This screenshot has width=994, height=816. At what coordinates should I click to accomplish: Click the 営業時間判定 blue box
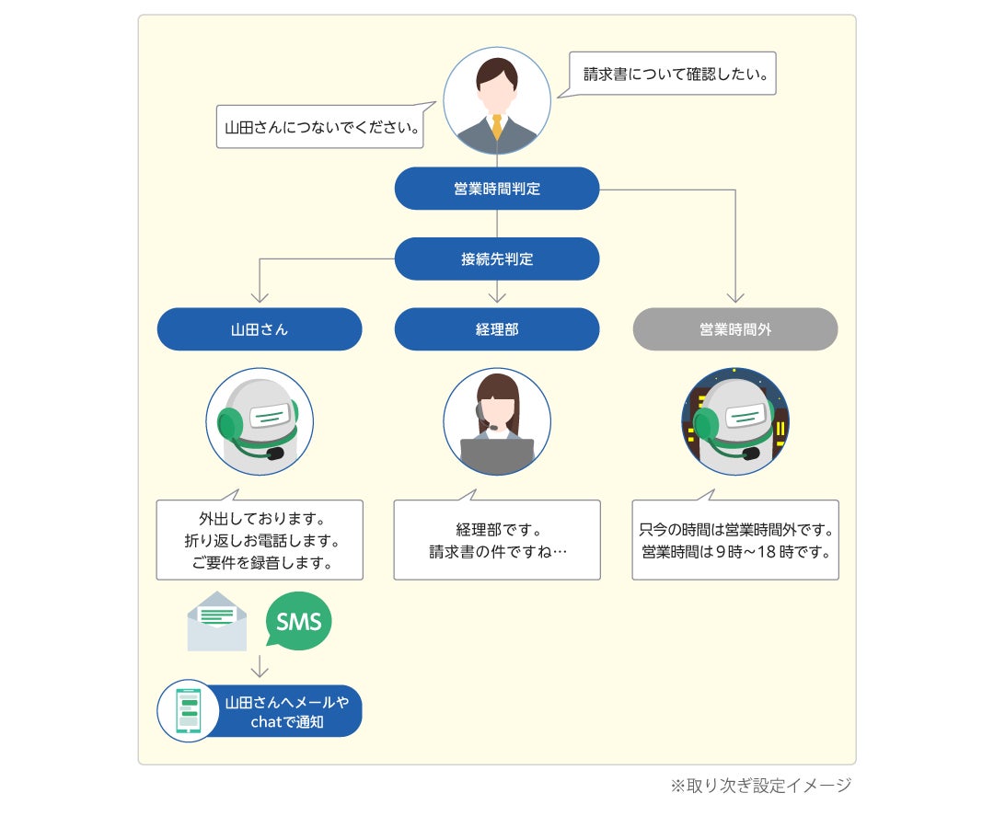[x=497, y=189]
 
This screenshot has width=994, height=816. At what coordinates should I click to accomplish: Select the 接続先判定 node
[x=497, y=259]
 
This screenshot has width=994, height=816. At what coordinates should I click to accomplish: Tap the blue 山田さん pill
[x=260, y=328]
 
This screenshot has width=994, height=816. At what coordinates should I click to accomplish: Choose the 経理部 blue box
[x=497, y=328]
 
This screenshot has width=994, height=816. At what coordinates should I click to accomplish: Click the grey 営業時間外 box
[x=734, y=328]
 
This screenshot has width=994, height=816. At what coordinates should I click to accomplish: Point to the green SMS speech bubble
[x=298, y=622]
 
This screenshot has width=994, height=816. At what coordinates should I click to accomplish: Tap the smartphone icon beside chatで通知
[x=189, y=711]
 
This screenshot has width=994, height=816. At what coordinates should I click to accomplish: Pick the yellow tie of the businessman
[x=497, y=126]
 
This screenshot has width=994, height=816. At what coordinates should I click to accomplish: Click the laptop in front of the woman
[x=497, y=452]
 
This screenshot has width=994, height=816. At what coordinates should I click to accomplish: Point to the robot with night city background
[x=734, y=421]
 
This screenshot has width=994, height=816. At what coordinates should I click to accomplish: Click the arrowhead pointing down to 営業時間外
[x=734, y=297]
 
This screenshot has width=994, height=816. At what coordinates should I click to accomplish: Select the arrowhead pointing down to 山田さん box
[x=260, y=297]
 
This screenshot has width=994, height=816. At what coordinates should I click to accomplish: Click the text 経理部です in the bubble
[x=497, y=530]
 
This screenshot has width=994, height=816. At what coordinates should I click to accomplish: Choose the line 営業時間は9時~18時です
[x=735, y=553]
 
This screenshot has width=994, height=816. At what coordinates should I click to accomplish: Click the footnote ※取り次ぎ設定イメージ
[x=760, y=786]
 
